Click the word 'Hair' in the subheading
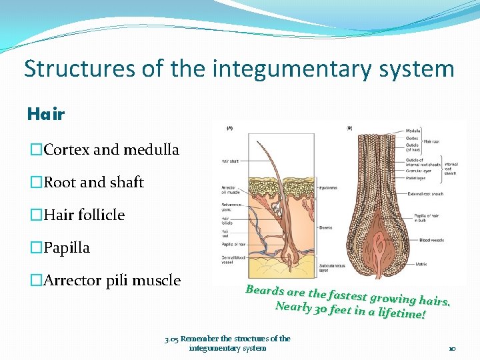tap(46, 114)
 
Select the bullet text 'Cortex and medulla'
tap(111, 149)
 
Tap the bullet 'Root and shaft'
tap(93, 182)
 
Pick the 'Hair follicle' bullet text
tap(83, 215)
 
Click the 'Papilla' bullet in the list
tap(66, 247)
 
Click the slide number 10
tap(451, 348)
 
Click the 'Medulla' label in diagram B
tap(414, 131)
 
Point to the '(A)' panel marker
tap(230, 127)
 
